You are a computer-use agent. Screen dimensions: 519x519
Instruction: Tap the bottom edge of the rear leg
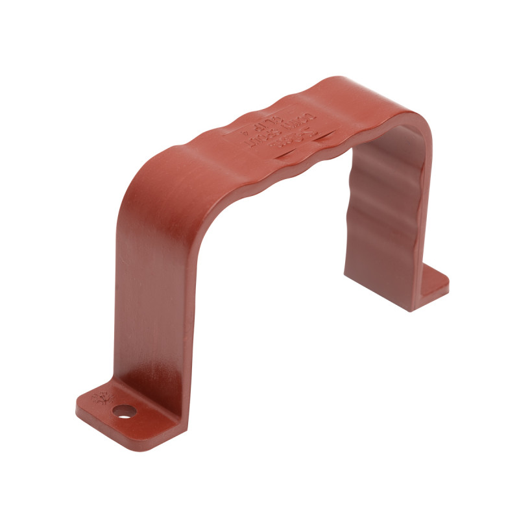click(389, 305)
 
